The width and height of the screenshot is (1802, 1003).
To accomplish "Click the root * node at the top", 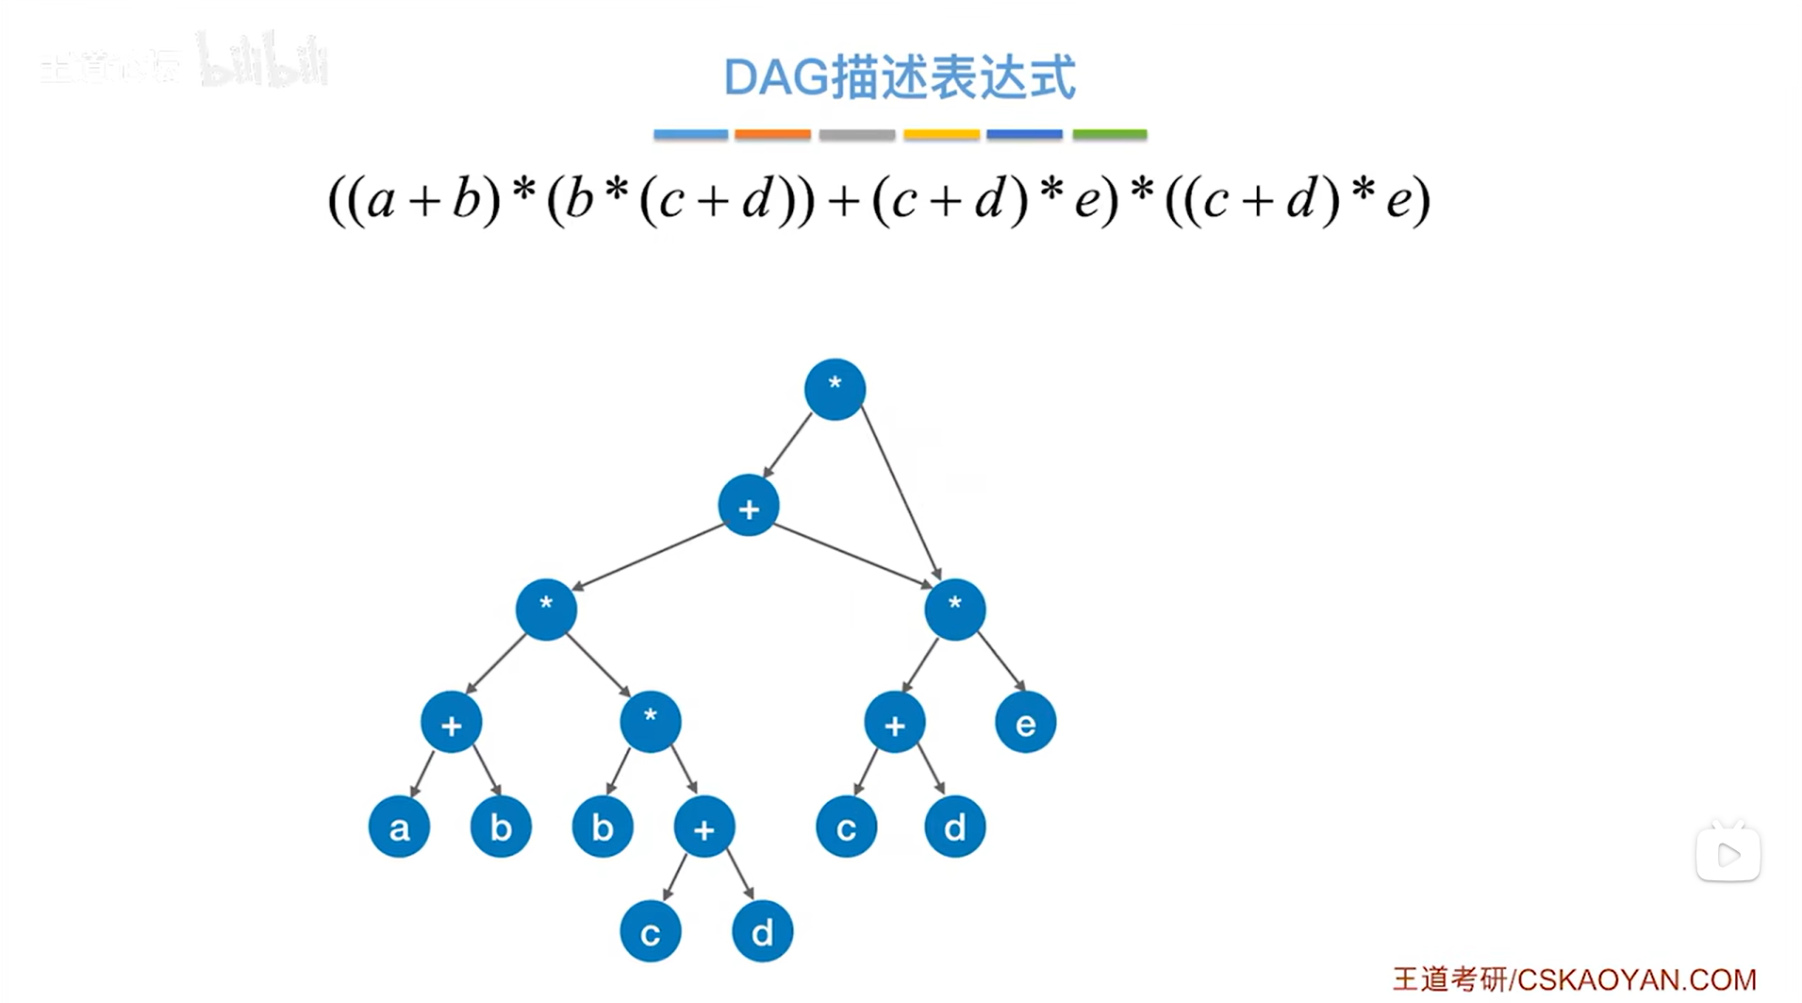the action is click(835, 389).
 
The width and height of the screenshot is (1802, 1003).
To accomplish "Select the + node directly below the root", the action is click(748, 507).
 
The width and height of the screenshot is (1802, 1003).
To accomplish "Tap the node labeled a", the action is click(399, 827).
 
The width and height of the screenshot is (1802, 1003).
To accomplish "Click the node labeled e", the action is click(1025, 723).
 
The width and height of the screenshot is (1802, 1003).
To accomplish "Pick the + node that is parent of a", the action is click(451, 723).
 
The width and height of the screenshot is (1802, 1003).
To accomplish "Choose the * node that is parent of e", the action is click(954, 609).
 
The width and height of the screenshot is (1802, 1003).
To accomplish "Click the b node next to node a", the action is click(501, 827).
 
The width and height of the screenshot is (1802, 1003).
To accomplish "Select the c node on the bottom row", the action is click(650, 931).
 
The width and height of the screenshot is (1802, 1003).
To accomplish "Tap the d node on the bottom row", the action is click(762, 931).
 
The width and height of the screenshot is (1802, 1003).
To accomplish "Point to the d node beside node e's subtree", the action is click(954, 827).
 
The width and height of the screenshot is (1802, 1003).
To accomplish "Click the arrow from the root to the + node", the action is click(786, 446).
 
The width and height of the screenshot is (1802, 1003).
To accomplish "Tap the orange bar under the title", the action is click(772, 135).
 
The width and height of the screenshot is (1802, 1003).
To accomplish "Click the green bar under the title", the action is click(1109, 135).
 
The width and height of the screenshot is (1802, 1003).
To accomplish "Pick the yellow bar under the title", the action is click(941, 135).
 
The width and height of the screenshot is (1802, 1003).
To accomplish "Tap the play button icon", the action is click(1728, 855).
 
